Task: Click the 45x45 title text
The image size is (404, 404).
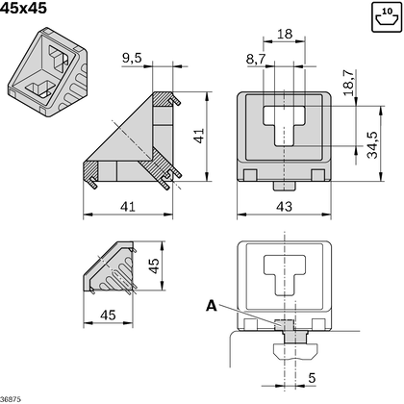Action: [x=23, y=8]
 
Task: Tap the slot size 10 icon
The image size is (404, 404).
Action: [x=385, y=16]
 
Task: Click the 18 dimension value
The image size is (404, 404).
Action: [x=285, y=34]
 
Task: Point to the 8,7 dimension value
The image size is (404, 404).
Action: [x=256, y=60]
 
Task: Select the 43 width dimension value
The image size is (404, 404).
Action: [x=285, y=205]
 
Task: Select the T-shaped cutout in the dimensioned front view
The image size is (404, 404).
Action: [x=285, y=126]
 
